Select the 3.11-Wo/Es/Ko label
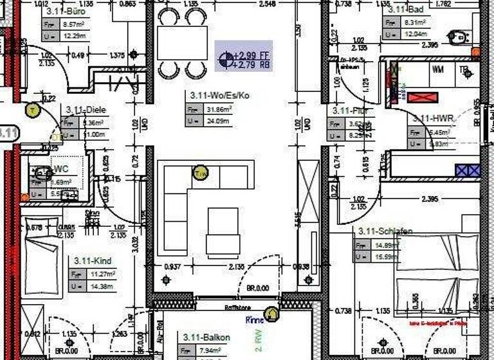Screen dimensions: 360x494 219,95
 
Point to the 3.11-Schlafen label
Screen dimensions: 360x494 386,231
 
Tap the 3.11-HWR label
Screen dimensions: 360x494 434,118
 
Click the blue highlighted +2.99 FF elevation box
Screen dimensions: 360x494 244,56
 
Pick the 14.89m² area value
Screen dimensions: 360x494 384,245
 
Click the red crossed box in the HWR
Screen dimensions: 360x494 423,98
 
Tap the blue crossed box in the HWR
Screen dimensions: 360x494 468,170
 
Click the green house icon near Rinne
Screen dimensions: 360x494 272,314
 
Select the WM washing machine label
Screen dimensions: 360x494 438,68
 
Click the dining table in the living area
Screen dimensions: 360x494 182,43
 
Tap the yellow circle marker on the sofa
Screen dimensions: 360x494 200,172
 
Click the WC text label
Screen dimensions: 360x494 62,169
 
